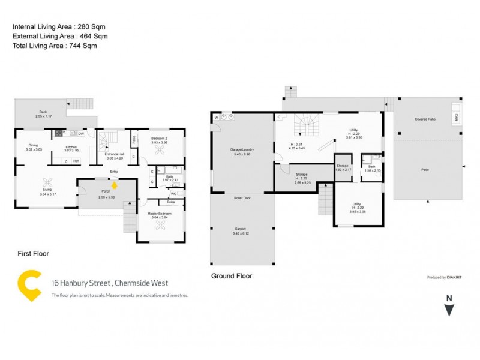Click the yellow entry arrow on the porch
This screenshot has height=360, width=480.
(115, 185)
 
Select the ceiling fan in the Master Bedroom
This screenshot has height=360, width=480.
(160, 225)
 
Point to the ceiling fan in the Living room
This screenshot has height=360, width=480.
(47, 184)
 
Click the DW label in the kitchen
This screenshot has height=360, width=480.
(80, 134)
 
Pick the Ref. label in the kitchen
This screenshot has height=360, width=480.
(76, 161)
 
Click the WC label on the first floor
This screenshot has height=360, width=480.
(173, 194)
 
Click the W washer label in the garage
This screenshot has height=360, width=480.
(215, 118)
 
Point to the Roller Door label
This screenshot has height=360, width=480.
(241, 197)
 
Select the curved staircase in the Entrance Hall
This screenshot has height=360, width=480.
(107, 142)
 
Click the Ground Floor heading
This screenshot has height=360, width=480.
(232, 276)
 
